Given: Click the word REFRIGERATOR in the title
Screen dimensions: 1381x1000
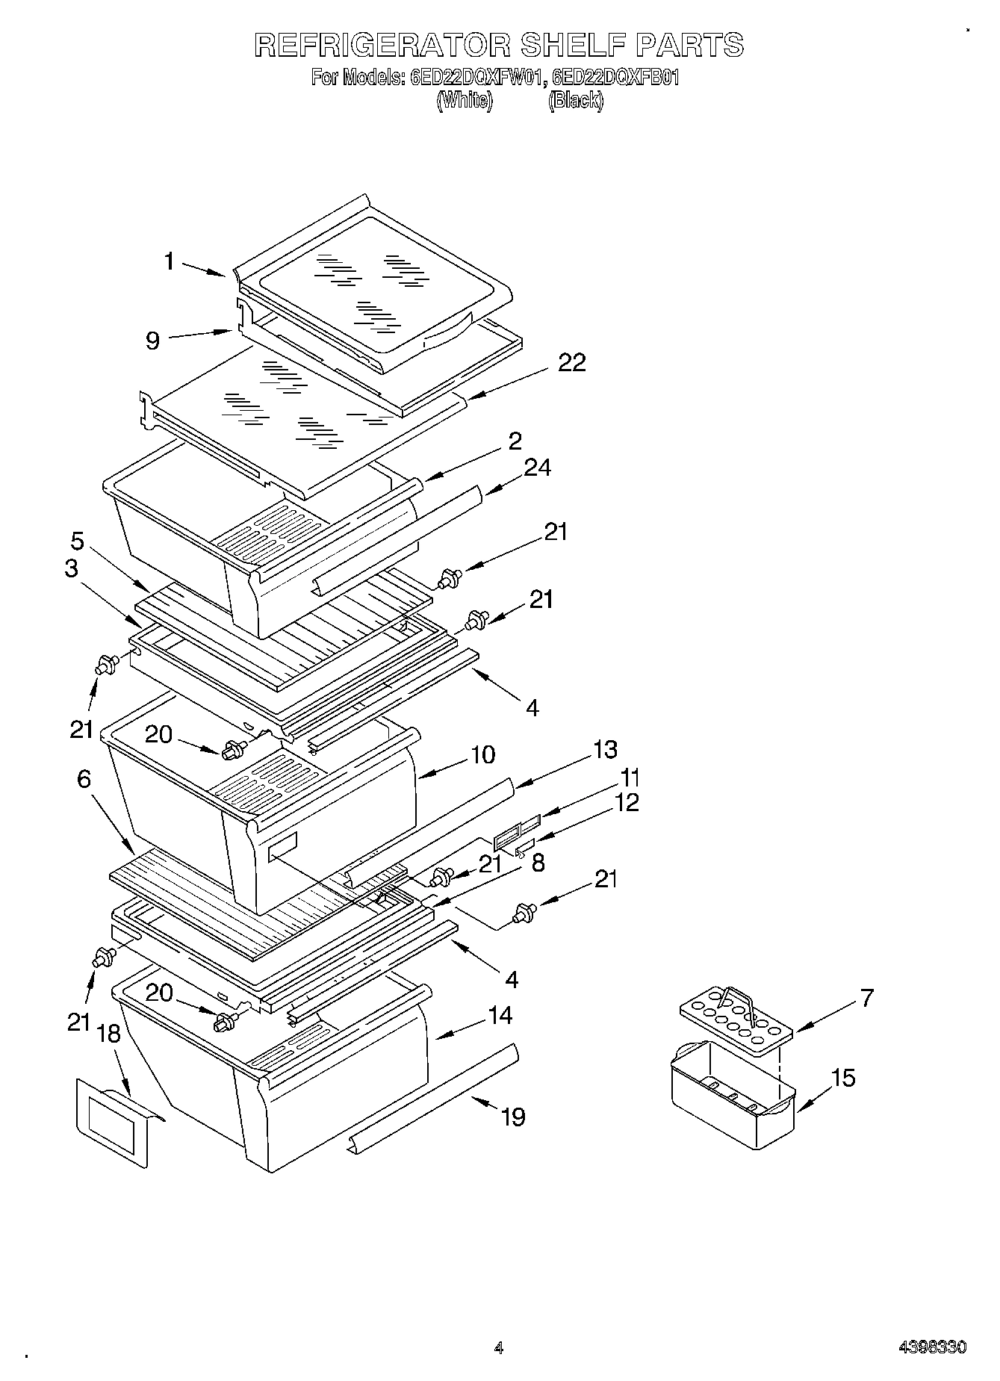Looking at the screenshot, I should (x=382, y=46).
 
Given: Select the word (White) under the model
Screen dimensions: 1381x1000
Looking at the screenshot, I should (x=465, y=100).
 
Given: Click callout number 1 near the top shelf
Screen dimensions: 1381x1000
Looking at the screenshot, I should (x=170, y=261).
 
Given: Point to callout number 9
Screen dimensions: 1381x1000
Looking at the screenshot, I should (x=152, y=341).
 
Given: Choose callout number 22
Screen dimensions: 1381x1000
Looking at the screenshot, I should (x=571, y=362).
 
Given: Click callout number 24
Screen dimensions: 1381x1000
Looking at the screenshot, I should (x=537, y=468).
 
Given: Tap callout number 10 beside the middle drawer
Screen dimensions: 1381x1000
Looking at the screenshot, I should (x=483, y=754).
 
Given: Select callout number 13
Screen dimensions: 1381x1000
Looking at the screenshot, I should (x=605, y=749).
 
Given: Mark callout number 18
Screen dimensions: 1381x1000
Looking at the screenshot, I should (x=109, y=1034).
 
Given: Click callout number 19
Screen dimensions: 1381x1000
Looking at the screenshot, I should (x=513, y=1117).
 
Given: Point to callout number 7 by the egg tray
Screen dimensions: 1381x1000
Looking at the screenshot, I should (x=866, y=998).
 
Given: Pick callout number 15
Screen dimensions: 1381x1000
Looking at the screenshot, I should (x=843, y=1078).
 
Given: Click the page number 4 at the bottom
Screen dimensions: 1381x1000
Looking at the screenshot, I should (x=499, y=1348).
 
